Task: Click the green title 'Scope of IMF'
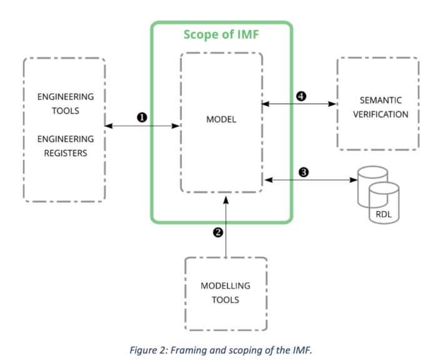click(221, 34)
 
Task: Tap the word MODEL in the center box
click(222, 119)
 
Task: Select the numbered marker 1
click(142, 117)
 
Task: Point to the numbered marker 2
click(218, 232)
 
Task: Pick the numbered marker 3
click(303, 172)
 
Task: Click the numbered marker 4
click(301, 96)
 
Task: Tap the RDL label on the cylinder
click(384, 214)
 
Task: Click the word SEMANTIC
click(380, 100)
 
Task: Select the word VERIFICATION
click(380, 114)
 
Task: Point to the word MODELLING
click(225, 286)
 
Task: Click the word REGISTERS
click(66, 153)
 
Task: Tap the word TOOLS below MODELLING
click(225, 300)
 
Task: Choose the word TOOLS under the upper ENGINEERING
click(66, 111)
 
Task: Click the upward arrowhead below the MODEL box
click(226, 199)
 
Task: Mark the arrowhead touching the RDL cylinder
click(354, 180)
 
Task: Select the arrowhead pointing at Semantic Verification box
click(332, 104)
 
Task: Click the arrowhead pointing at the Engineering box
click(109, 126)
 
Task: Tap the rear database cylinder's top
click(373, 171)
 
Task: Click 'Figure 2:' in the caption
click(149, 350)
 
